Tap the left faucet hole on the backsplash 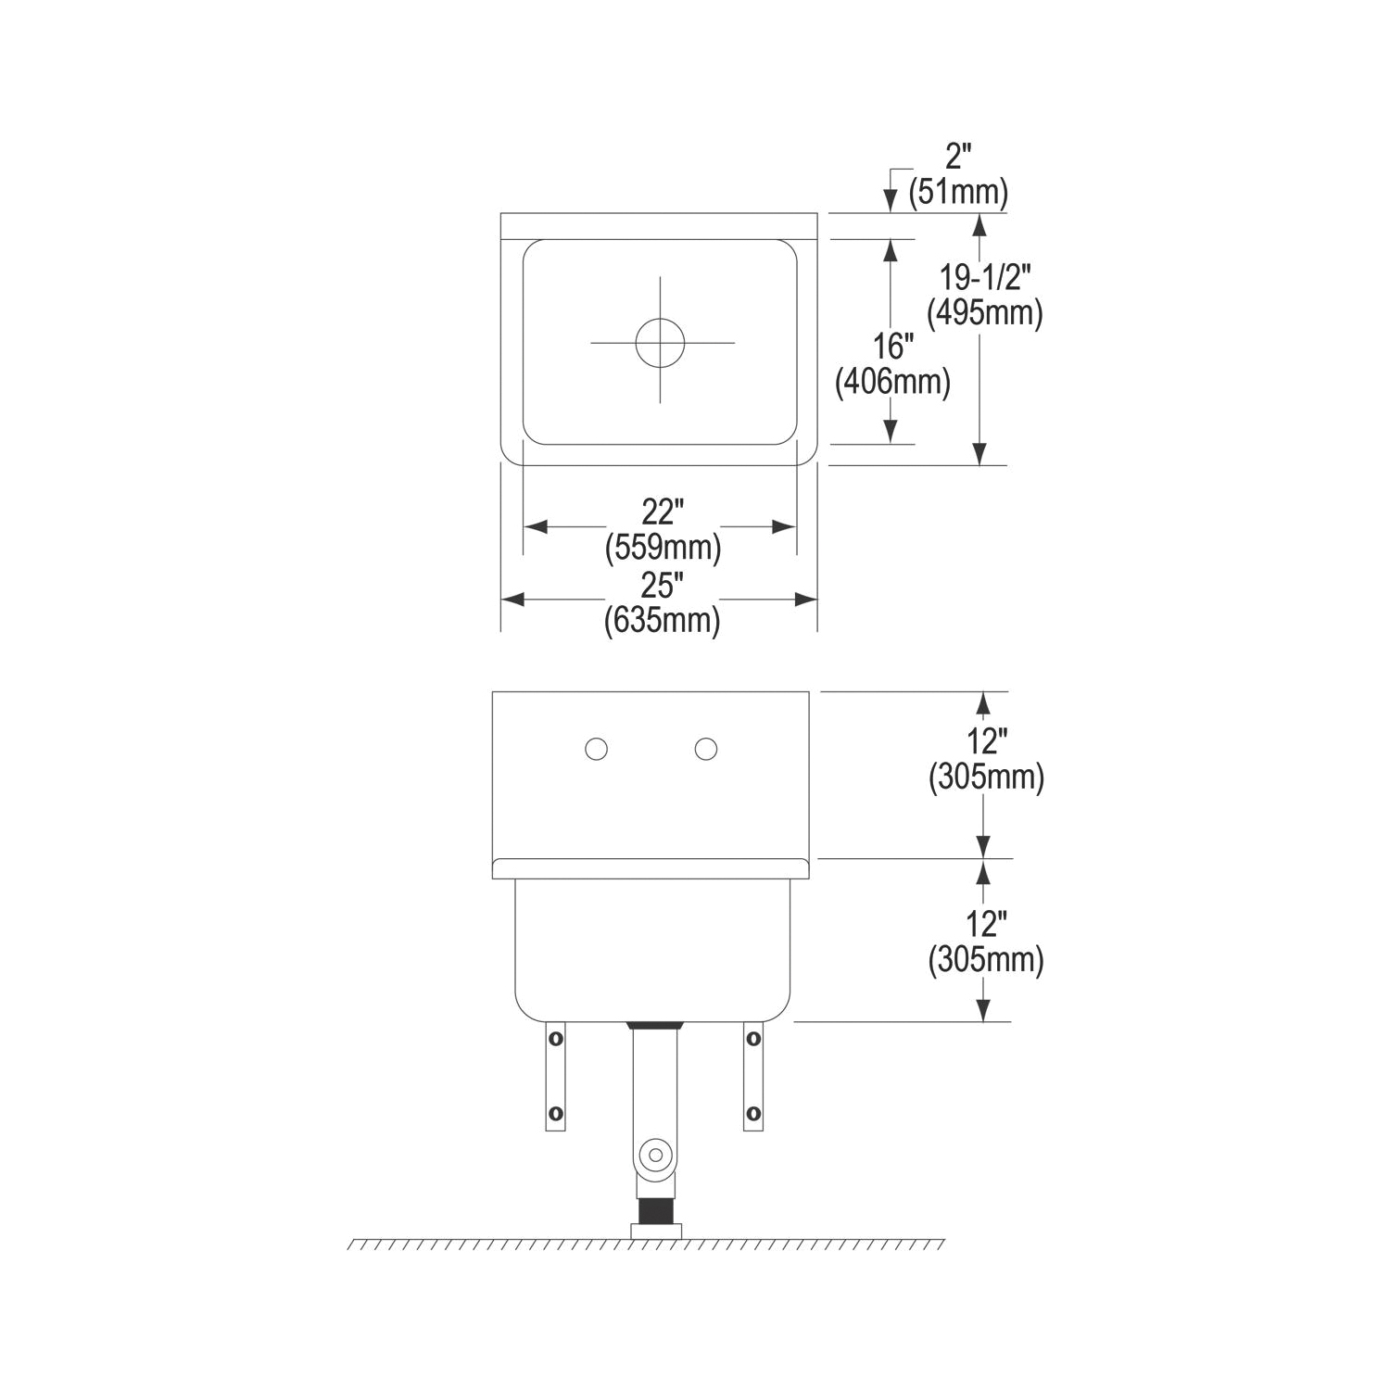(596, 749)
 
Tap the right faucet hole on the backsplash (706, 749)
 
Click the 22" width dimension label (662, 512)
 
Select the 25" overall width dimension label (662, 586)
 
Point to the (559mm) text (663, 548)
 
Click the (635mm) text (662, 620)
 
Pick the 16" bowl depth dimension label (893, 347)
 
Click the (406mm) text (892, 383)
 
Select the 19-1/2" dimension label (985, 277)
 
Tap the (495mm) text (985, 313)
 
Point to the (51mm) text (958, 192)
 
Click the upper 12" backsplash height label (986, 741)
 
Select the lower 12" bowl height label (986, 924)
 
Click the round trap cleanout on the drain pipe (655, 1155)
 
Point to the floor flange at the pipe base (656, 1231)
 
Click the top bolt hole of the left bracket (555, 1039)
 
